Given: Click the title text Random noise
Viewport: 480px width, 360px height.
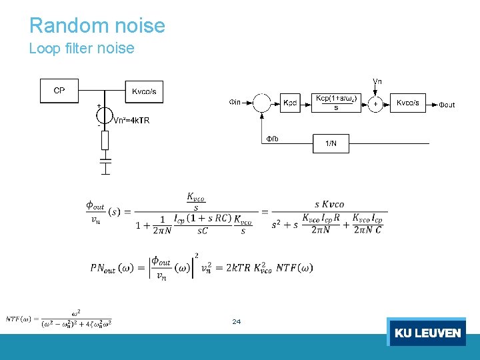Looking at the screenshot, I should (97, 25).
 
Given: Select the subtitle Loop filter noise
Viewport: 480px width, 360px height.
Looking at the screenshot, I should (81, 49).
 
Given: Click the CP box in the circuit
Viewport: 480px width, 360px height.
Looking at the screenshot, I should (59, 91).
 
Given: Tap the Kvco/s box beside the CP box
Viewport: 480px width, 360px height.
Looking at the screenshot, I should (144, 91).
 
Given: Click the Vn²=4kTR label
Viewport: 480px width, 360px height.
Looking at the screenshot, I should (131, 121).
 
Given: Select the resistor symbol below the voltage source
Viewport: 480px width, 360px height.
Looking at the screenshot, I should (105, 141).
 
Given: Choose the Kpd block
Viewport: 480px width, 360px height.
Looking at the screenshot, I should (290, 103).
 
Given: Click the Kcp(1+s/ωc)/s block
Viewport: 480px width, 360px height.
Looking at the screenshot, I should (337, 103).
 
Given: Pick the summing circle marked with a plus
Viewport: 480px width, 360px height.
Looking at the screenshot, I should (377, 103).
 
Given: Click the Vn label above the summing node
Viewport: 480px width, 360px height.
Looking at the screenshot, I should (377, 81).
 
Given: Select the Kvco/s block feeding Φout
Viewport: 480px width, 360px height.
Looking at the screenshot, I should (408, 103).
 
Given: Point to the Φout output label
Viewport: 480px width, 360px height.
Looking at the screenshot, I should (446, 105).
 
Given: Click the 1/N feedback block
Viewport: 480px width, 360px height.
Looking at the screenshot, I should (331, 143).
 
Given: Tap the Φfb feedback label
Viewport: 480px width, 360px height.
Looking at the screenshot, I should (272, 139).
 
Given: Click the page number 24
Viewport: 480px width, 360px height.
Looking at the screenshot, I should (236, 322).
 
